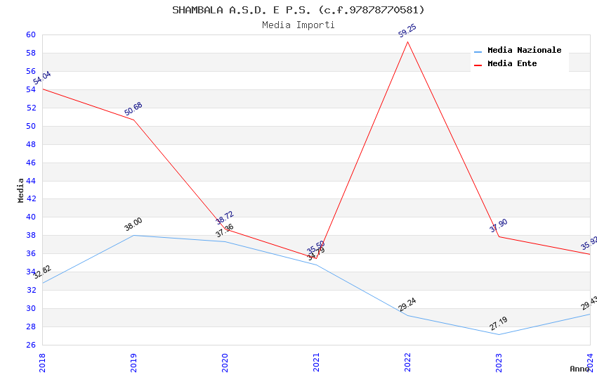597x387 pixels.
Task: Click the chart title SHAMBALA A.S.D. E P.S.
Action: (x=298, y=10)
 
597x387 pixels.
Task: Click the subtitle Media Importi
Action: (x=298, y=25)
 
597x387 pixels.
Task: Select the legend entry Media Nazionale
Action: (x=524, y=50)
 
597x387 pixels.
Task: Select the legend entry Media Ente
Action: (x=512, y=63)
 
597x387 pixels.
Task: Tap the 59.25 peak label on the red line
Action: (x=407, y=30)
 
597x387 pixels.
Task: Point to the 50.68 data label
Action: (x=133, y=109)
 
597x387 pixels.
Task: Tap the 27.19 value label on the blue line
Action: (x=499, y=324)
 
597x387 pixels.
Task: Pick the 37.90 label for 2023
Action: (x=499, y=226)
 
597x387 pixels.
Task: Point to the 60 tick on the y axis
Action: (x=31, y=34)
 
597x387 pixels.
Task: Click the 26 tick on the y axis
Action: (x=31, y=345)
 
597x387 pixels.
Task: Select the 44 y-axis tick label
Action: (x=31, y=181)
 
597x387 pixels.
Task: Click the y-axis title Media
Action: (x=20, y=190)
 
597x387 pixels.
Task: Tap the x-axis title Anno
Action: (x=579, y=369)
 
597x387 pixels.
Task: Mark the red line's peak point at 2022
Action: (x=407, y=42)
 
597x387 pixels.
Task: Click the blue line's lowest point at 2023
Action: (x=499, y=334)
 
